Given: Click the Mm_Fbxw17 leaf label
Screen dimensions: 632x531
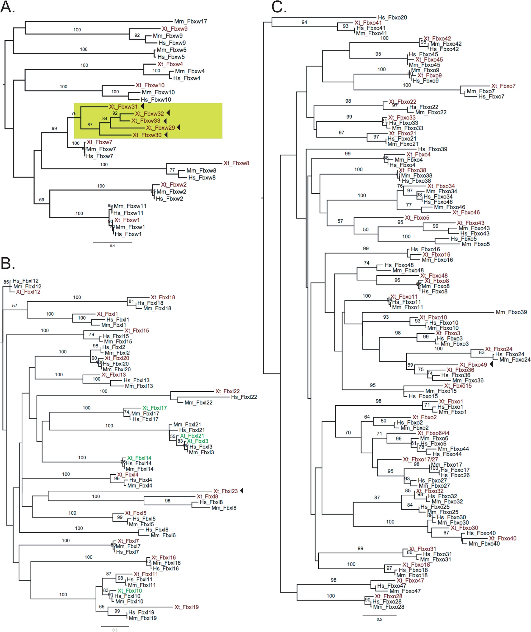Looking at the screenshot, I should pyautogui.click(x=191, y=21).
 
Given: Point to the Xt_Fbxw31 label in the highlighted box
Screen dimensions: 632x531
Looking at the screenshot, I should pyautogui.click(x=123, y=107).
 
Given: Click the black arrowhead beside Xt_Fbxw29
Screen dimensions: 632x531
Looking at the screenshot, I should pyautogui.click(x=179, y=127).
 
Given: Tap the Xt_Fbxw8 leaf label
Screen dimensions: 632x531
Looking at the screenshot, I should pyautogui.click(x=236, y=163).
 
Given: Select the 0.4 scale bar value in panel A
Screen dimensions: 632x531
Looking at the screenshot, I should pyautogui.click(x=112, y=246).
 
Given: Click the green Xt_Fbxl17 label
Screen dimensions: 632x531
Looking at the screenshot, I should pyautogui.click(x=155, y=408).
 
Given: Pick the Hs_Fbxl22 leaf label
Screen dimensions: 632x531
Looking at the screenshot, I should pyautogui.click(x=244, y=397).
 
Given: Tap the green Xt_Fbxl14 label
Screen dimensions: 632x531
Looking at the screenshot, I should pyautogui.click(x=139, y=458).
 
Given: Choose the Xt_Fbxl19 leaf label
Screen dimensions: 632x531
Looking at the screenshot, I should pyautogui.click(x=187, y=607).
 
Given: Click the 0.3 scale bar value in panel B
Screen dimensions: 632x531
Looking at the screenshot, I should pyautogui.click(x=115, y=630).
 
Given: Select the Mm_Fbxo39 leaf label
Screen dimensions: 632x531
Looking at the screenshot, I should pyautogui.click(x=511, y=312).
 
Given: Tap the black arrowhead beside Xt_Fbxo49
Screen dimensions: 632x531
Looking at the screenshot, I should pyautogui.click(x=491, y=364).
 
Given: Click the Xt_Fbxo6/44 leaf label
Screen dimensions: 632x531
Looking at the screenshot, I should pyautogui.click(x=433, y=433).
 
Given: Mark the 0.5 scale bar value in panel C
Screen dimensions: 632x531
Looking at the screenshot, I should pyautogui.click(x=379, y=619).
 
